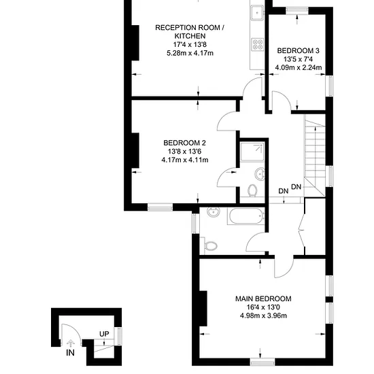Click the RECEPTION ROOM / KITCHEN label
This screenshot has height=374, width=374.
click(x=190, y=32)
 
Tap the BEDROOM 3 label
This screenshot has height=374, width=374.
click(x=298, y=50)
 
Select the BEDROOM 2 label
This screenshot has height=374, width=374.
click(x=184, y=143)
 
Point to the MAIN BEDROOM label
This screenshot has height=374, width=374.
click(x=263, y=299)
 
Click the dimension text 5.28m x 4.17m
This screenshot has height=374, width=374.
click(x=190, y=53)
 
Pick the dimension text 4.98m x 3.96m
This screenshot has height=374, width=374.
click(x=263, y=316)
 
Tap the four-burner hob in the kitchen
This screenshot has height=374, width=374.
click(x=258, y=44)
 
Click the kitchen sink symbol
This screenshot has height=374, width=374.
click(x=257, y=13)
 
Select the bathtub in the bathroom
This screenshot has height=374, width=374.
click(x=246, y=216)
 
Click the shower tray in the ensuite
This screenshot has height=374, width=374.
click(x=252, y=152)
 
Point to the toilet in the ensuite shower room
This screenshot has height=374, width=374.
click(x=252, y=190)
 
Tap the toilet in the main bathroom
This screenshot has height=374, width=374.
click(x=209, y=245)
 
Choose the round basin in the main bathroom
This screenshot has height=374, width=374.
click(x=214, y=212)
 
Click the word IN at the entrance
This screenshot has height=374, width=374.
click(x=70, y=352)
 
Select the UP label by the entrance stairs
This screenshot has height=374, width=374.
click(x=104, y=334)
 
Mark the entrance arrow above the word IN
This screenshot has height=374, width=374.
click(x=71, y=343)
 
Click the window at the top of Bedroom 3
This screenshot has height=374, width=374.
click(x=297, y=10)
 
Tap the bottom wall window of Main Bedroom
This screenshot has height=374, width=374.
click(x=262, y=362)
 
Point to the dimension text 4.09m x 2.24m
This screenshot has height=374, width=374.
click(x=299, y=67)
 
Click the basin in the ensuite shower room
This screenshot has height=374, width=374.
click(x=260, y=174)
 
